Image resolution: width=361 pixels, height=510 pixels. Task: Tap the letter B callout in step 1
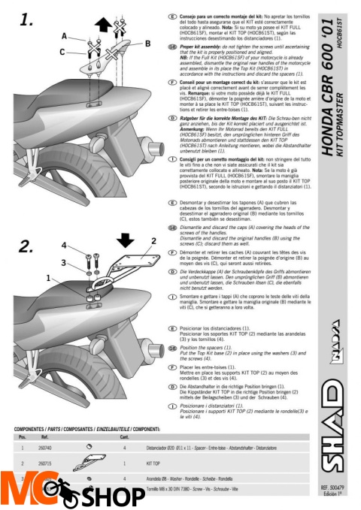147,43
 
